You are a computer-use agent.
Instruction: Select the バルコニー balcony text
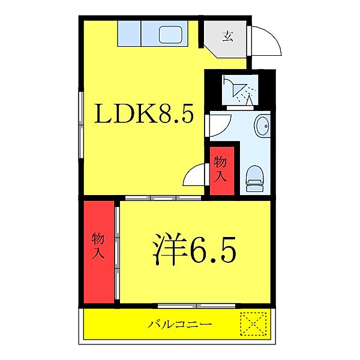(x=180, y=325)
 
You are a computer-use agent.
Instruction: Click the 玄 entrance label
(x=227, y=36)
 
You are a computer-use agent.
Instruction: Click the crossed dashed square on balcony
(x=254, y=325)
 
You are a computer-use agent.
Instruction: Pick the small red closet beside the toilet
(x=221, y=170)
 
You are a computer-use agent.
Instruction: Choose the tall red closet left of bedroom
(x=98, y=252)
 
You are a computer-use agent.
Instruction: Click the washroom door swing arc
(x=217, y=125)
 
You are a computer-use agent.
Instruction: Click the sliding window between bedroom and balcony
(x=180, y=306)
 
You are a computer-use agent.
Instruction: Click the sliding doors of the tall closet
(x=118, y=252)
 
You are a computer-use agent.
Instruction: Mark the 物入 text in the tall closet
(x=98, y=245)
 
